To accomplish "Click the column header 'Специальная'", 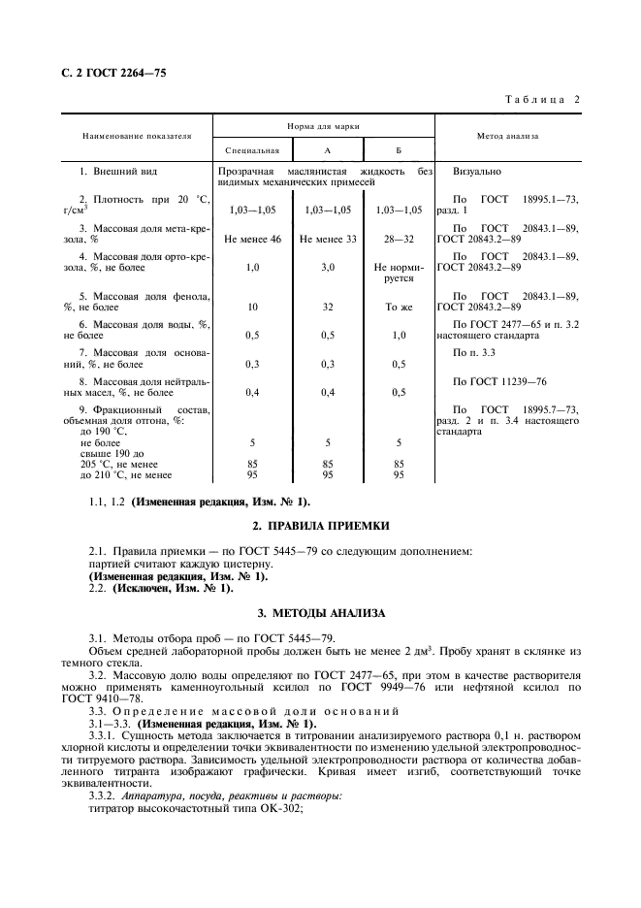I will pyautogui.click(x=252, y=150).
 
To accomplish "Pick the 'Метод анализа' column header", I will pyautogui.click(x=508, y=137).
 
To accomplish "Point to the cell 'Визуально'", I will pyautogui.click(x=477, y=171).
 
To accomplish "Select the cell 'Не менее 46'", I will pyautogui.click(x=252, y=238).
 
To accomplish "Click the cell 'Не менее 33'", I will pyautogui.click(x=328, y=238).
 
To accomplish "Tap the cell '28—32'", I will pyautogui.click(x=399, y=238).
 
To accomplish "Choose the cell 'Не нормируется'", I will pyautogui.click(x=399, y=272).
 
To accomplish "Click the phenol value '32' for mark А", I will pyautogui.click(x=328, y=307).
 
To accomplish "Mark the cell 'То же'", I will pyautogui.click(x=399, y=307).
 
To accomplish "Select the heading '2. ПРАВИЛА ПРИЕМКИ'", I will pyautogui.click(x=321, y=525).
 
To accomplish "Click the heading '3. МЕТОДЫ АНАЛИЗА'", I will pyautogui.click(x=321, y=613).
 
